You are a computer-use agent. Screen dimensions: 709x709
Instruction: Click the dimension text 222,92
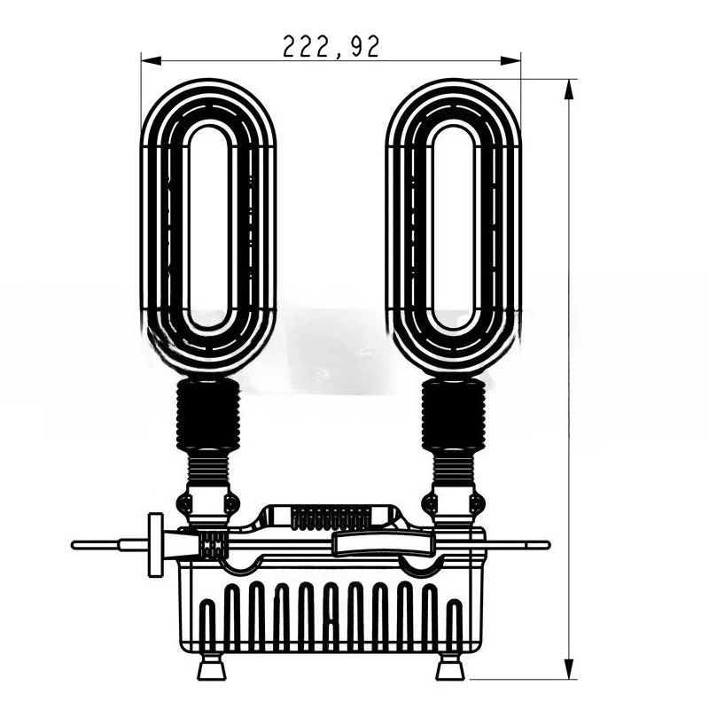(x=331, y=46)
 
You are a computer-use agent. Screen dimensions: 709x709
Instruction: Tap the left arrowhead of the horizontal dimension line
(x=149, y=60)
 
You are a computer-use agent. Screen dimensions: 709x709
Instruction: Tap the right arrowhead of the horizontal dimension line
(x=513, y=60)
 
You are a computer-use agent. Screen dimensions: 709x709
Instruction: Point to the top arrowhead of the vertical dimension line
(x=570, y=87)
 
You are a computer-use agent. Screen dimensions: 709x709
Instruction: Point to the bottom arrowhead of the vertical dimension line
(x=570, y=671)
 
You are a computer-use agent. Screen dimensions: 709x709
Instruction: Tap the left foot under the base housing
(x=211, y=668)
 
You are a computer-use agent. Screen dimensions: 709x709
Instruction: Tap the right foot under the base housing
(x=451, y=668)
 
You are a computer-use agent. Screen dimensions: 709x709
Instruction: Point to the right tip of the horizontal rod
(x=547, y=544)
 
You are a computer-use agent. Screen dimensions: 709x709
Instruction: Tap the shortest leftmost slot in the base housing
(x=207, y=620)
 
